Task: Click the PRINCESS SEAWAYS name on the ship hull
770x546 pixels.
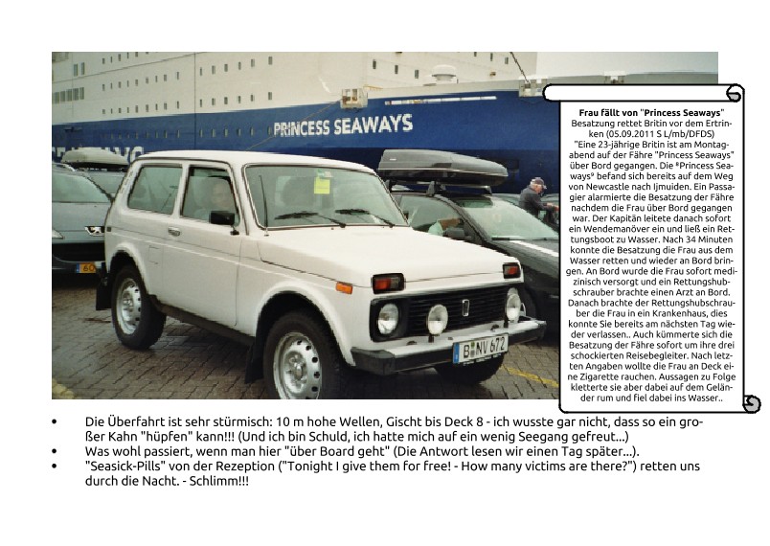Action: tap(343, 125)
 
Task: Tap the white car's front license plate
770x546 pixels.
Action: tap(481, 348)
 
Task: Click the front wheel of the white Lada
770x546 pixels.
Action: tap(303, 360)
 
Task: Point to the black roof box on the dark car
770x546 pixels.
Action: tap(442, 168)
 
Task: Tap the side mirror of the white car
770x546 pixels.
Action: tap(222, 219)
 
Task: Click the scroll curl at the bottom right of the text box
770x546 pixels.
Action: tap(751, 404)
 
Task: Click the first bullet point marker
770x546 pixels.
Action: tap(55, 421)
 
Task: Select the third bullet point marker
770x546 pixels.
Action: tap(55, 466)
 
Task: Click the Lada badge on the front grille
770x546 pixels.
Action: tap(465, 307)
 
